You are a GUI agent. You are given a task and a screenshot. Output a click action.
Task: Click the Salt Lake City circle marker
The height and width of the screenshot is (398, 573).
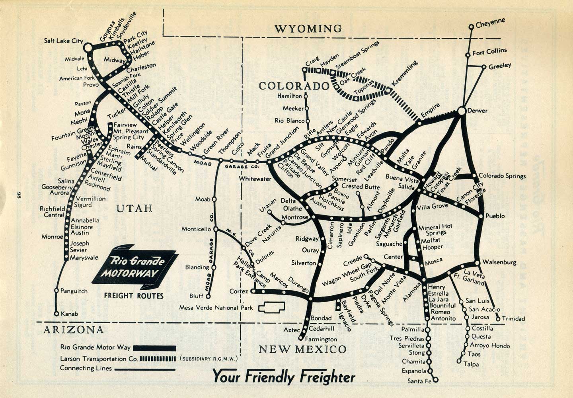(x=88, y=47)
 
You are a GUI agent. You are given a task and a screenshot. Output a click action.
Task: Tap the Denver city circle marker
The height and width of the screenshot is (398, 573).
(x=462, y=111)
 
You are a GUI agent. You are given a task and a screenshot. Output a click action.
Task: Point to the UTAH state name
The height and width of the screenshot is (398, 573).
(x=135, y=208)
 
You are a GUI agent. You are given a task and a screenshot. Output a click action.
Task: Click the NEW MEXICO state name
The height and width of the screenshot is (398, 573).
(x=302, y=349)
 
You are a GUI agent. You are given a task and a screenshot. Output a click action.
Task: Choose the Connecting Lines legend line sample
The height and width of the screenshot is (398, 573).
(x=145, y=369)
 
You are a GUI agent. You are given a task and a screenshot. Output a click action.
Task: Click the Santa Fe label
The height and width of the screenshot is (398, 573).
(x=419, y=381)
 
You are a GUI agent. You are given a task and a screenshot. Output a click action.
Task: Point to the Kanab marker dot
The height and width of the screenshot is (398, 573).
(x=57, y=314)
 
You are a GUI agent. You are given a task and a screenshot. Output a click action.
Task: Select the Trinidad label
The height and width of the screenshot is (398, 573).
(x=513, y=318)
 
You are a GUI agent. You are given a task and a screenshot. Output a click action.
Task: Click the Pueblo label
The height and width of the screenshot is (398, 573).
(x=495, y=216)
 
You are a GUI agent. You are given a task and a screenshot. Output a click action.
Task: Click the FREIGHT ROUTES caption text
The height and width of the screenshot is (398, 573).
(x=134, y=296)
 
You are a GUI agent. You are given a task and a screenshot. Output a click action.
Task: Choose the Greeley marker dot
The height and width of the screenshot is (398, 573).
(x=484, y=67)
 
